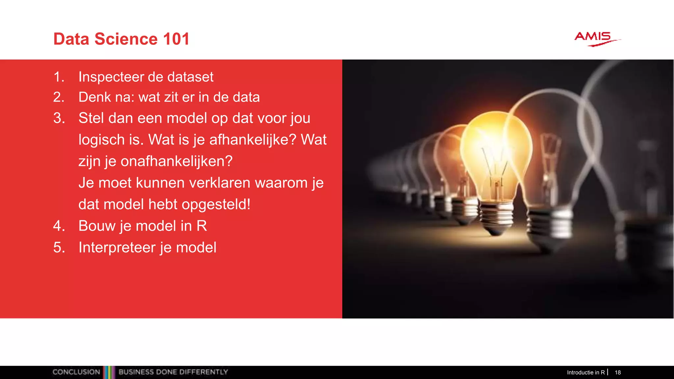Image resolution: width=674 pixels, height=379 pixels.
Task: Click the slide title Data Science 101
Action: coord(121,39)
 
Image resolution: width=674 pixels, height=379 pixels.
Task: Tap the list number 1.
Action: coord(58,77)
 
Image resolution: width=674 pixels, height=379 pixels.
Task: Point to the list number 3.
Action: coord(59,118)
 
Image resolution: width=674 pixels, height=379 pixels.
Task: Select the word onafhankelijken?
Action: coord(176,162)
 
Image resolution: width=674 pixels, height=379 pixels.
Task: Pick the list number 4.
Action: coord(59,226)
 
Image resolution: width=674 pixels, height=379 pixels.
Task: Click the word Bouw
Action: coord(97,226)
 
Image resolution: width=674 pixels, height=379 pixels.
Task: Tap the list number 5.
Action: coord(59,248)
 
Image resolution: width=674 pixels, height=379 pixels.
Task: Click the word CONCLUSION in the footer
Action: coord(76,372)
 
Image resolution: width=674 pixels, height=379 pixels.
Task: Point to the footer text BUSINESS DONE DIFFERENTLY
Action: coord(173,372)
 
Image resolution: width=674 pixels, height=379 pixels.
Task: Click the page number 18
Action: coord(618,372)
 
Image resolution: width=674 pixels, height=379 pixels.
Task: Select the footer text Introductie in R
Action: coord(586,372)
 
